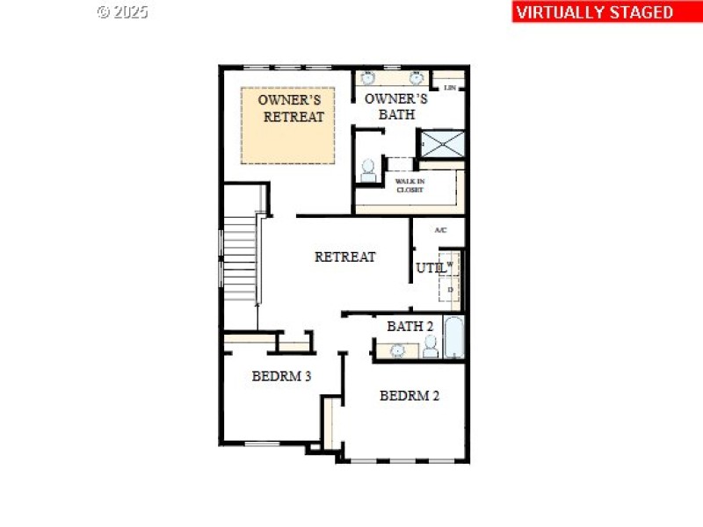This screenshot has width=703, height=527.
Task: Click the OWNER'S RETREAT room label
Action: point(291,108)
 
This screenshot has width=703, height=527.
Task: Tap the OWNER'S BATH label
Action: point(396,106)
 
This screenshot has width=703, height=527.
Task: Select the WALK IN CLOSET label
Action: point(409,185)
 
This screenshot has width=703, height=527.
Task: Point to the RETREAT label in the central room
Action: point(345,256)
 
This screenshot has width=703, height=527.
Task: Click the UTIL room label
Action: point(429,268)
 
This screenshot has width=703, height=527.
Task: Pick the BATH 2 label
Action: point(410,326)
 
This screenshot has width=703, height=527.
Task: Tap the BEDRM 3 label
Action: point(281,377)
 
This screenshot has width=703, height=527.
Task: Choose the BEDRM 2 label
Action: point(409,395)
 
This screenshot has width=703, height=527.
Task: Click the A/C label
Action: point(441,230)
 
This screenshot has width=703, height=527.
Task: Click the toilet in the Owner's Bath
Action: point(367,170)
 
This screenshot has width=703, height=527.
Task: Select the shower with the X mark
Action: point(443,143)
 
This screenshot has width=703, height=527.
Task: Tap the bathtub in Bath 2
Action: point(453,338)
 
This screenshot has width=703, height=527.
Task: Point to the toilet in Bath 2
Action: point(431,349)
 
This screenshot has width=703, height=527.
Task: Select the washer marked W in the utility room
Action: point(451,263)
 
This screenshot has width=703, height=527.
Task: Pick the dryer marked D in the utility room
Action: point(451,289)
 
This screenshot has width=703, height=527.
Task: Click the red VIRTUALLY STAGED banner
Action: point(595,11)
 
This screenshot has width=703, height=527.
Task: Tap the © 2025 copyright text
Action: point(122,12)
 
